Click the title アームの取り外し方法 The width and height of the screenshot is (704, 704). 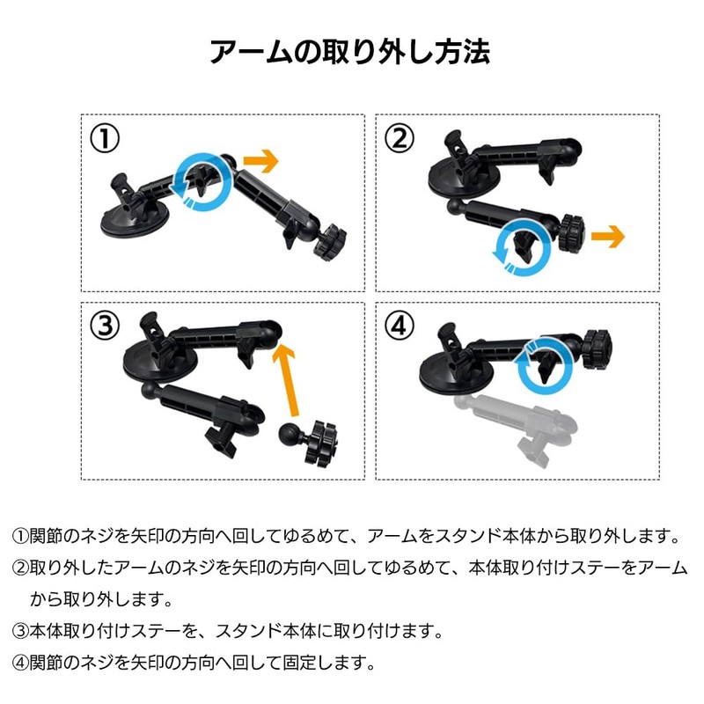point(350,51)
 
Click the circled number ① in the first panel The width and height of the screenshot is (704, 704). point(106,139)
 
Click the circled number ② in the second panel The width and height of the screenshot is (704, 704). point(401,138)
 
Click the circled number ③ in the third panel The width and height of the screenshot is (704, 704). point(106,326)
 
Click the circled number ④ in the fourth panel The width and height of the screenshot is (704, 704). point(401,326)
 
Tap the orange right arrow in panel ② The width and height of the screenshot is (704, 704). point(606,236)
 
